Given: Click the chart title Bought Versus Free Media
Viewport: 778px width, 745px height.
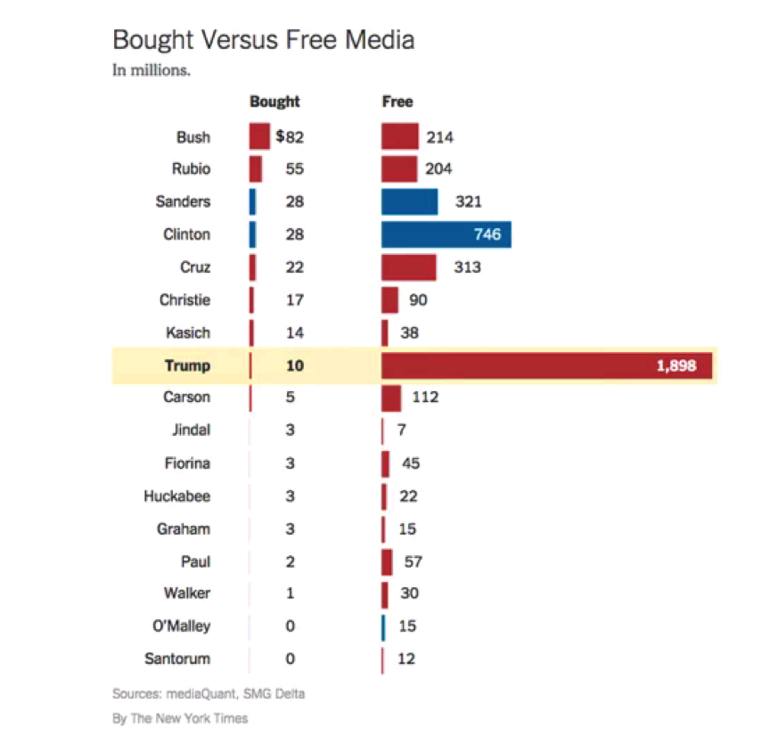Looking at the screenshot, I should coord(263,40).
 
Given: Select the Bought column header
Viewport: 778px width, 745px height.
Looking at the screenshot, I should coord(274,102).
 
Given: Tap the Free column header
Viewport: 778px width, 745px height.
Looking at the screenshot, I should coord(397,102).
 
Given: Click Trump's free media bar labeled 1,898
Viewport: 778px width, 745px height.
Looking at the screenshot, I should coord(546,365).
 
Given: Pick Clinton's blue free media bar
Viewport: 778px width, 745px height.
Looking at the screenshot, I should coord(446,234).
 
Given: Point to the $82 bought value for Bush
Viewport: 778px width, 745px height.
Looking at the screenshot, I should coord(291,137).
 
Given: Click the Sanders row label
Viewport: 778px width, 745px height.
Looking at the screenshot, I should coord(183,202).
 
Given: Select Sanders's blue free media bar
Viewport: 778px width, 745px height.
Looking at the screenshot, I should coord(410,202).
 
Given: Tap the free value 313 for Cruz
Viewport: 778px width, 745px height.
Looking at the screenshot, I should coord(466,267).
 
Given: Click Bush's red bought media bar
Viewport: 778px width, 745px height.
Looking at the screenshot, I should coord(259,137).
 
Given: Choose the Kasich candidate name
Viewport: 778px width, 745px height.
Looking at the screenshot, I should coord(188,332).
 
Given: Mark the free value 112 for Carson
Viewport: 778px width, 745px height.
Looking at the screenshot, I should coord(425,397).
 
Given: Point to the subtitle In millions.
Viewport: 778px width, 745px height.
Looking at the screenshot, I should coord(151,70).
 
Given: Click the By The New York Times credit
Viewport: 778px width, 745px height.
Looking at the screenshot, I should coord(180,718).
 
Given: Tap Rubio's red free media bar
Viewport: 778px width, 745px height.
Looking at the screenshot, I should coord(399,169).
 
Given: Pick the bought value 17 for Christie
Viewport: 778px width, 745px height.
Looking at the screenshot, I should coord(294,300).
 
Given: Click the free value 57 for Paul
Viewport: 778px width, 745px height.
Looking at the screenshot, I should coord(413,561).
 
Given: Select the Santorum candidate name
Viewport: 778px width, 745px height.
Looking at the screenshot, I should coord(177,659).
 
